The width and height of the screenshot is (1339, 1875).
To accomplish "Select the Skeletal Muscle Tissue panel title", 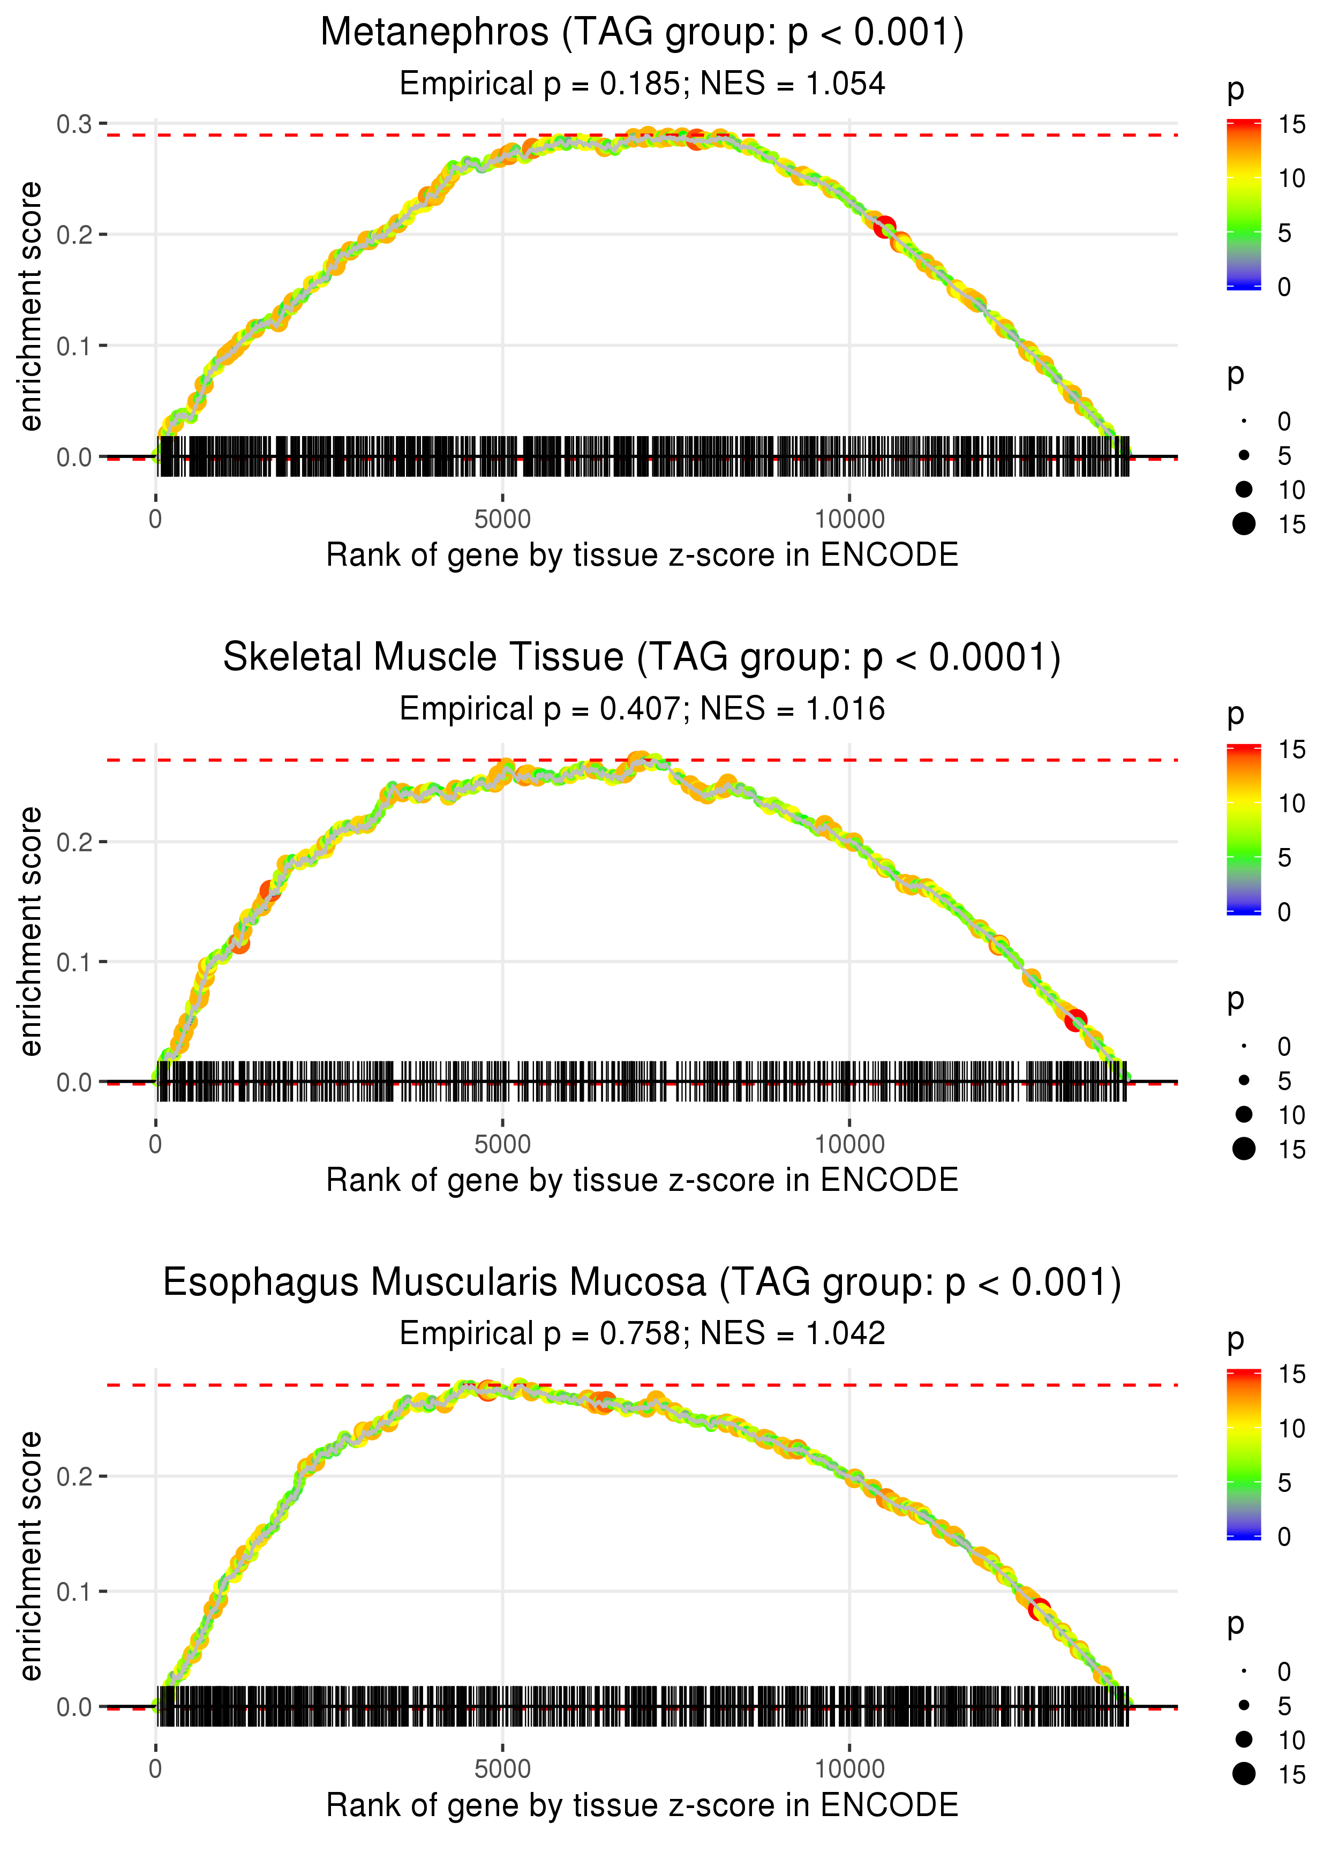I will (642, 658).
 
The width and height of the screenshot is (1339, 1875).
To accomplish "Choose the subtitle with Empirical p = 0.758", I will (642, 1333).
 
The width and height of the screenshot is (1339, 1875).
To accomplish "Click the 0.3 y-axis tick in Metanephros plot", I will (74, 124).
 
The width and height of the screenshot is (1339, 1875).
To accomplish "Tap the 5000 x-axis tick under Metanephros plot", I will (502, 520).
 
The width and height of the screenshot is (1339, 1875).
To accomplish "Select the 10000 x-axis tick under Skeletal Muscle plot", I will (849, 1144).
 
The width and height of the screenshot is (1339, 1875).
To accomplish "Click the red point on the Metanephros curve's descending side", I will (885, 227).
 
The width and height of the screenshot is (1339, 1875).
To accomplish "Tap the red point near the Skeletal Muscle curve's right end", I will (1075, 1021).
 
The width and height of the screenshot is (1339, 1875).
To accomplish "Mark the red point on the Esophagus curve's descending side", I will (1039, 1609).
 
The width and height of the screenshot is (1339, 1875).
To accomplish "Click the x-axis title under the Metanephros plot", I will (642, 555).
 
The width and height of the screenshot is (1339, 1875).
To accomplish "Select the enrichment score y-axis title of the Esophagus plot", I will (31, 1557).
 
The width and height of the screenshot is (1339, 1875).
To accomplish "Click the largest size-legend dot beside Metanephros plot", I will (1244, 523).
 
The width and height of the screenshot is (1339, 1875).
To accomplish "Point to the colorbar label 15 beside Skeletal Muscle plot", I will (1291, 749).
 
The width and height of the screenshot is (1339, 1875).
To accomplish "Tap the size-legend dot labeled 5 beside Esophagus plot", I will (1244, 1705).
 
